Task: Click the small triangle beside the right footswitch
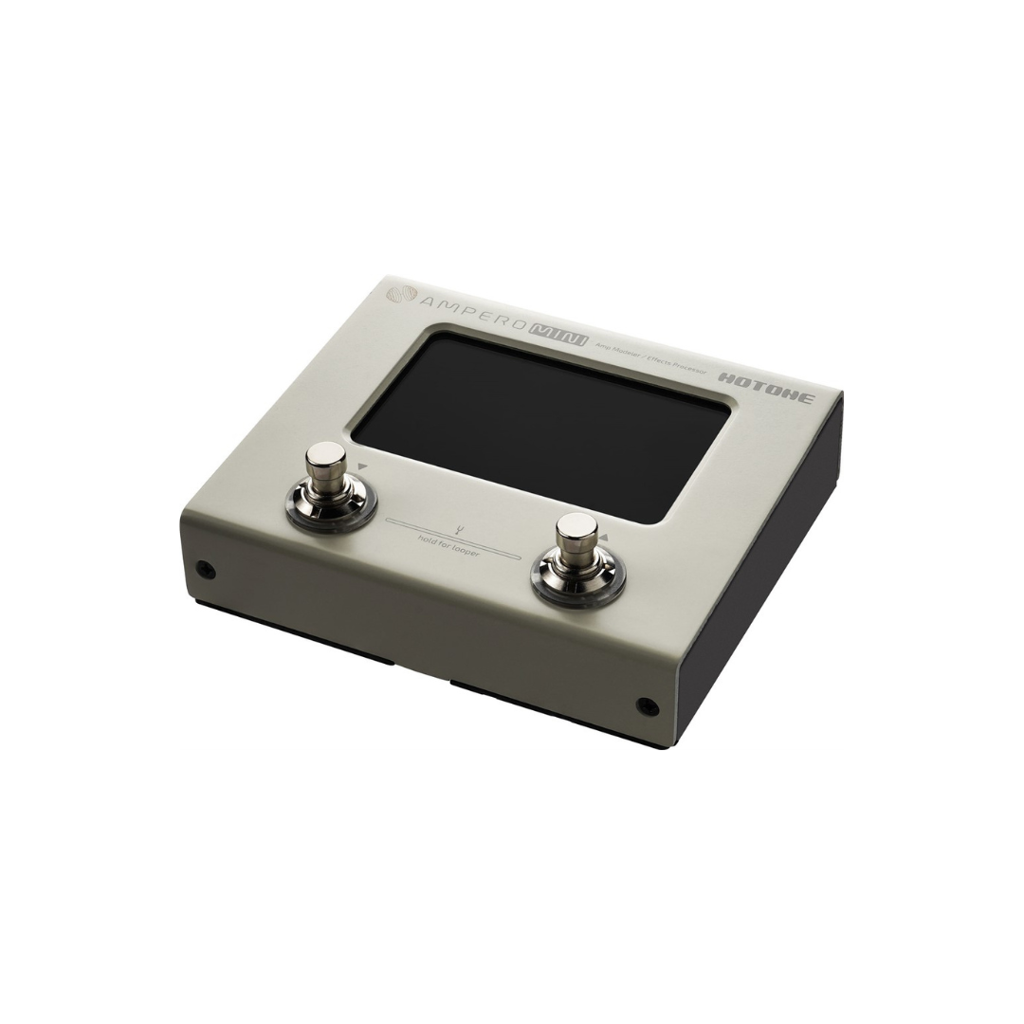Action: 604,537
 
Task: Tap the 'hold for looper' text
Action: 448,545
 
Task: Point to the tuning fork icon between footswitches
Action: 456,529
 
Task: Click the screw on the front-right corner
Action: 648,706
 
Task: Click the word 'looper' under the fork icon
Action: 464,549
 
